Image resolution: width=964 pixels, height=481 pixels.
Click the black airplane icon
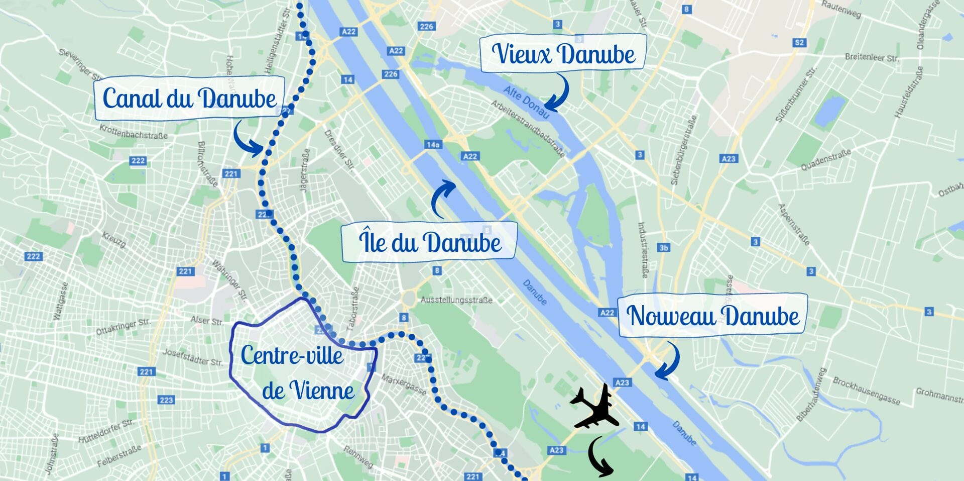pyautogui.click(x=594, y=407)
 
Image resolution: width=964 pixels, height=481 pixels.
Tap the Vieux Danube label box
pyautogui.click(x=563, y=54)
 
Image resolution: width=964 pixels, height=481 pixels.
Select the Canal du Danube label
pyautogui.click(x=190, y=98)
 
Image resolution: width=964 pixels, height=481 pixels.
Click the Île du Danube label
pyautogui.click(x=430, y=242)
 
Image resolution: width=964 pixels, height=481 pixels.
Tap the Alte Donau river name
pyautogui.click(x=526, y=102)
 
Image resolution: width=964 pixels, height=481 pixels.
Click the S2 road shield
pyautogui.click(x=799, y=43)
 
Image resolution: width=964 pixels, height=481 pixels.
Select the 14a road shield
pyautogui.click(x=433, y=145)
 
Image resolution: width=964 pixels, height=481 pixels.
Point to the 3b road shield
pyautogui.click(x=664, y=248)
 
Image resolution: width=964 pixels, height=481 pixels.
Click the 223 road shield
pyautogui.click(x=166, y=400)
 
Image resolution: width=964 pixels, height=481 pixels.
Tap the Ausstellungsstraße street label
pyautogui.click(x=456, y=300)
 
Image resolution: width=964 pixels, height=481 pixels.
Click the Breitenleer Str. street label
pyautogui.click(x=871, y=57)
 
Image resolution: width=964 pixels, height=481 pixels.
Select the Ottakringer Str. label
pyautogui.click(x=123, y=327)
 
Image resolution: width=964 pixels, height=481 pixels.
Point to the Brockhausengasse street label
pyautogui.click(x=866, y=391)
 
